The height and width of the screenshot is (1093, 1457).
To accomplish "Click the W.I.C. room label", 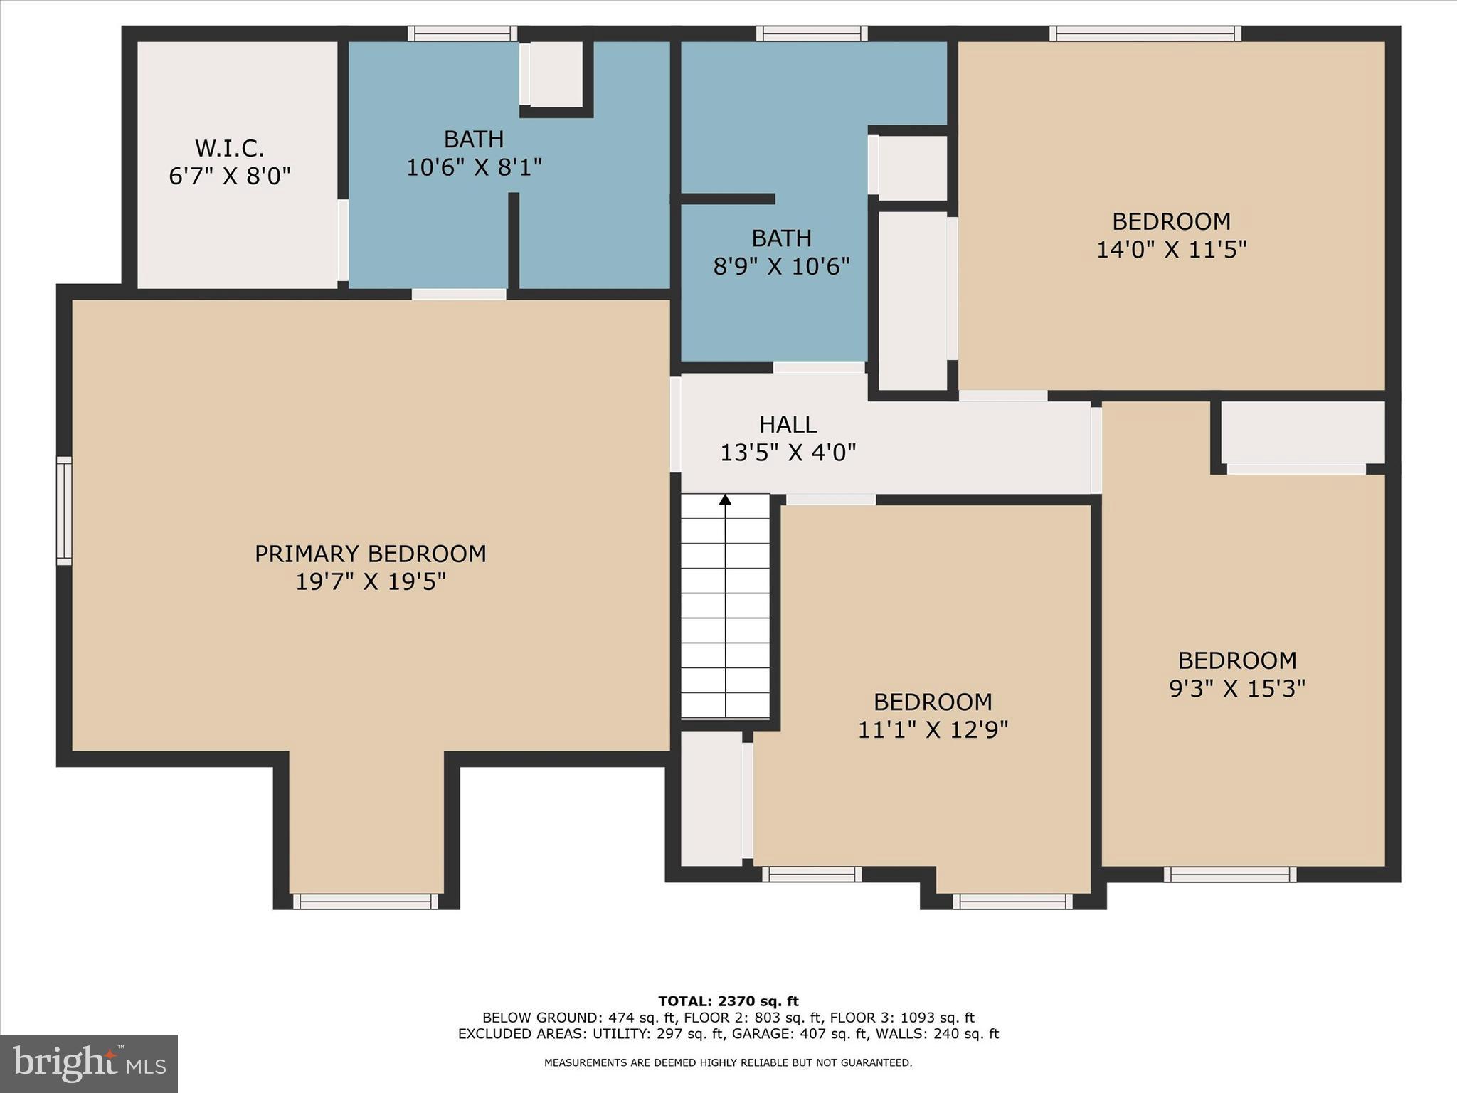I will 229,149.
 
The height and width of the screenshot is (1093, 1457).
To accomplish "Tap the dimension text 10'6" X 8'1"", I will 474,168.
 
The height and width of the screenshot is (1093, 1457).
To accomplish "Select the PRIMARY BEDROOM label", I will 370,554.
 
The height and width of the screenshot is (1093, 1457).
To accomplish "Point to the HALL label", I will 788,425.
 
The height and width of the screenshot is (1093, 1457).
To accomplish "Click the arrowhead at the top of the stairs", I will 725,500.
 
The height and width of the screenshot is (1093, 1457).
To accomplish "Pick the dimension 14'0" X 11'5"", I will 1171,250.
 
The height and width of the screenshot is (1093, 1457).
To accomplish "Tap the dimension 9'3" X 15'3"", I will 1237,689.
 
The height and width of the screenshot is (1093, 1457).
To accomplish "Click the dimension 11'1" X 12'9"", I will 933,730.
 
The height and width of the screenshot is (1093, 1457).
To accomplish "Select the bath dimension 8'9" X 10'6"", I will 781,267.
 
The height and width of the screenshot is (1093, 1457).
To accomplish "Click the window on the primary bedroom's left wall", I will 64,511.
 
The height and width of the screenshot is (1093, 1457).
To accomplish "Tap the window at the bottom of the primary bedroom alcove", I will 366,902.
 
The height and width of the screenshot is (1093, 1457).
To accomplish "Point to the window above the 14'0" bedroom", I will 1145,33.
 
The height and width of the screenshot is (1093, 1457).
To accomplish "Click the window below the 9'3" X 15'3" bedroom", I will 1229,875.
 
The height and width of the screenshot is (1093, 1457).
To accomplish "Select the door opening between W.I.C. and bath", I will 343,240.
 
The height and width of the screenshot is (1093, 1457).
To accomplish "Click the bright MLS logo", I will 89,1064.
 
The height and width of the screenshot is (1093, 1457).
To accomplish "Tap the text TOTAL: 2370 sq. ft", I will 728,1001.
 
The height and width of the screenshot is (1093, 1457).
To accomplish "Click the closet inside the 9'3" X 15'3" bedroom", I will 1303,432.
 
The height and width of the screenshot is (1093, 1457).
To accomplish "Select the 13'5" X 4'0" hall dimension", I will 788,453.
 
